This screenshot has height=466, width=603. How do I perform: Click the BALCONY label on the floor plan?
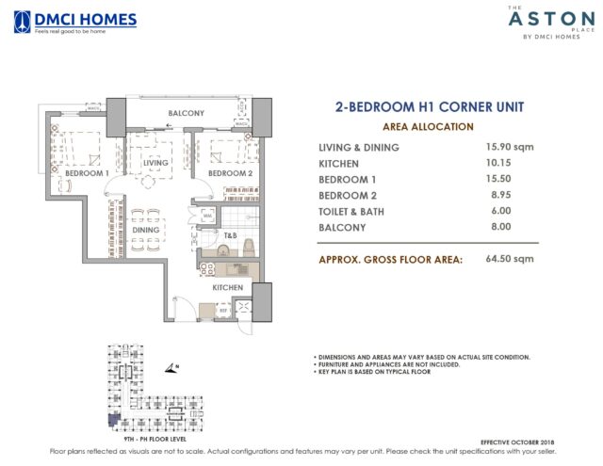(x=186, y=114)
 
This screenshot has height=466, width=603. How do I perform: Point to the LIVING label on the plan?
(x=155, y=163)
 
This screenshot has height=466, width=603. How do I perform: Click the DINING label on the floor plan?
(x=145, y=229)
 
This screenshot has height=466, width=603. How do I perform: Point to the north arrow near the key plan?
(x=170, y=369)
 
